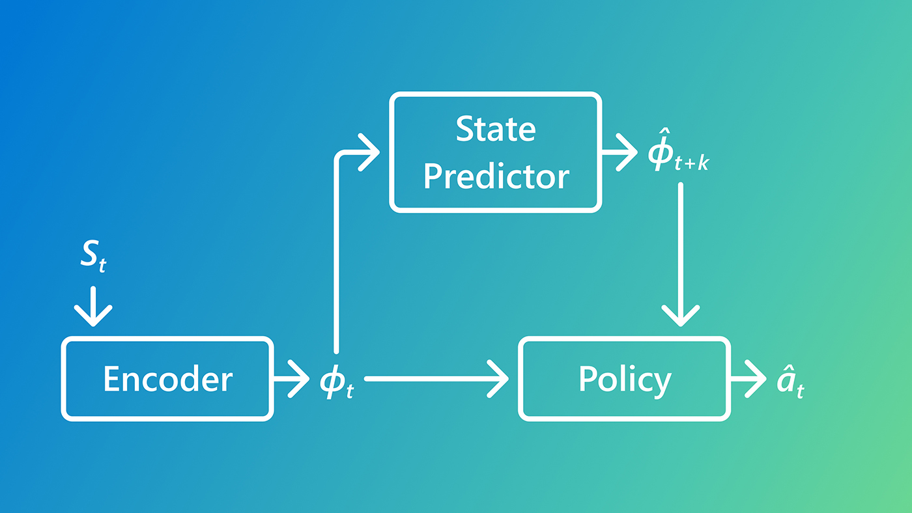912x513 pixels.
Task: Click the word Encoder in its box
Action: (167, 379)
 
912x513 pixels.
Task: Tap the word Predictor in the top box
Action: (496, 176)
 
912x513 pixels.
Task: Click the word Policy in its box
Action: (624, 379)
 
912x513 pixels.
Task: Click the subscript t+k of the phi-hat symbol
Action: (692, 164)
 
